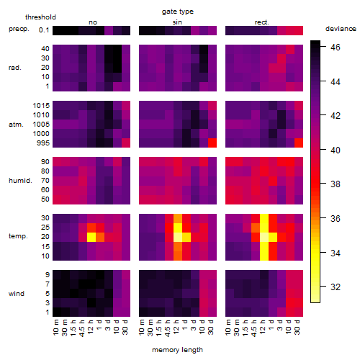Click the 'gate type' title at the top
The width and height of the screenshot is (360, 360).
178,12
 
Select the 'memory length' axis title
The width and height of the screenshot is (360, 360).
177,350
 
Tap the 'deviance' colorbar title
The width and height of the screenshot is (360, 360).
341,29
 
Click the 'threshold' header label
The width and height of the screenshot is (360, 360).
40,17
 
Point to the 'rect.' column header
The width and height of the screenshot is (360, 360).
261,22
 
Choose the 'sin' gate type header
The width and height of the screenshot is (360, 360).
177,22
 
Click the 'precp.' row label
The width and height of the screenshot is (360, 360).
19,29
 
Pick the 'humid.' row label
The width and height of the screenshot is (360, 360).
20,180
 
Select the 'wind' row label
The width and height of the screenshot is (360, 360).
17,294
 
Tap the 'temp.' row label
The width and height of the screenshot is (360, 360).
18,236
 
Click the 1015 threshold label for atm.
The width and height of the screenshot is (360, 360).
41,106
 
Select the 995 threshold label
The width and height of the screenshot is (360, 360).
43,143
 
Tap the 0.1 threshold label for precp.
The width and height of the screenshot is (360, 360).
44,30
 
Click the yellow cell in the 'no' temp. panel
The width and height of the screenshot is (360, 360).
91,237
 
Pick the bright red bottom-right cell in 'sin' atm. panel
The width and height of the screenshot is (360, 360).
212,143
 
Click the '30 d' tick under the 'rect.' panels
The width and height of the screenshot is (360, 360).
297,327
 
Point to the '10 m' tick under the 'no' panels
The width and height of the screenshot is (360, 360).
55,327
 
